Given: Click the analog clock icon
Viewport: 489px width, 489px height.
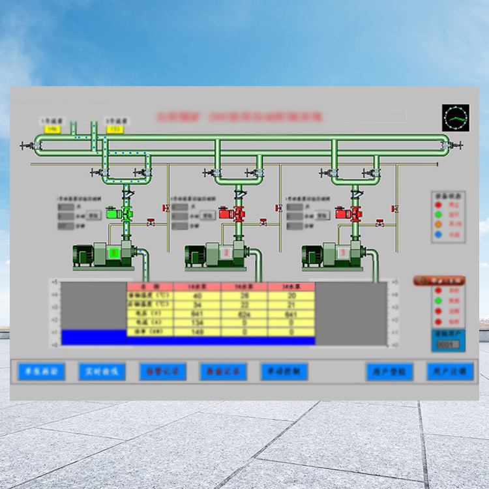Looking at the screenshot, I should point(455,118).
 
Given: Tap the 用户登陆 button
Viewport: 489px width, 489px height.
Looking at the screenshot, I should point(389,372).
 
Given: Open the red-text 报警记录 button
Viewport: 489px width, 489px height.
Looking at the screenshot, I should point(163,372).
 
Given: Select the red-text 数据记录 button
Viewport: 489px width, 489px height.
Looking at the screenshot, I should point(223,372).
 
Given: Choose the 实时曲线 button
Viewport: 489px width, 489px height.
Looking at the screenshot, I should point(102,372).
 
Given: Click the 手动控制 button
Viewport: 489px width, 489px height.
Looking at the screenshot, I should point(284,372).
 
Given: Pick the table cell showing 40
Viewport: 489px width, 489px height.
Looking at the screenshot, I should point(197,295).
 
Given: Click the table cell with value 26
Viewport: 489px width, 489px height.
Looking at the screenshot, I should point(244,295).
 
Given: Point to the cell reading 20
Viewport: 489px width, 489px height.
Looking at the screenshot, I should point(291,295).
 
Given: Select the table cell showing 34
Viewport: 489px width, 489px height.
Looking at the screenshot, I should point(197,304).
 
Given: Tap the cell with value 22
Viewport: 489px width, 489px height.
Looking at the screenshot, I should point(244,304).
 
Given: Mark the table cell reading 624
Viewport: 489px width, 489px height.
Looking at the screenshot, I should point(244,314).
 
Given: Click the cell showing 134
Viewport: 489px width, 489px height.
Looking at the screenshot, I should point(197,323).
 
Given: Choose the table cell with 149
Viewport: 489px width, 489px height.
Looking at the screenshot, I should point(197,332).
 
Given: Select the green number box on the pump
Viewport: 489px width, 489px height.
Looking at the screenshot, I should point(115,252).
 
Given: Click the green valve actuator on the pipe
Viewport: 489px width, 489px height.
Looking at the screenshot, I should point(126,213).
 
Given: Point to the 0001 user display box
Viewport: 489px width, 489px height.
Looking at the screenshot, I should point(447,344).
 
